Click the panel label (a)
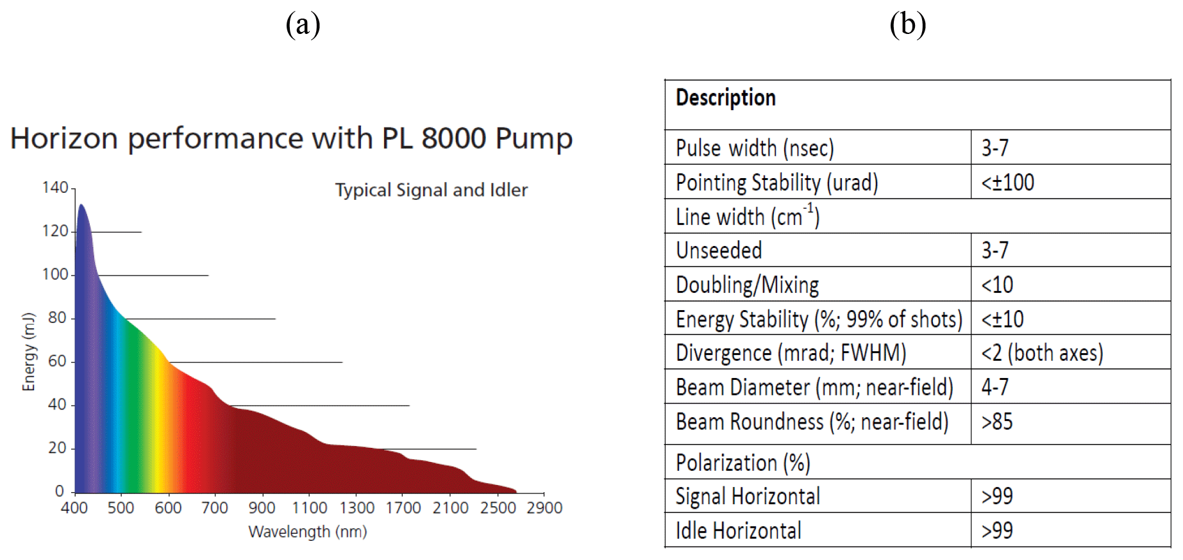303,25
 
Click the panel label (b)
907,25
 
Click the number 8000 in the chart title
453,138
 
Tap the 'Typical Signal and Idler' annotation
432,190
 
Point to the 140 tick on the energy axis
55,187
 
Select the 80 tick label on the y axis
57,317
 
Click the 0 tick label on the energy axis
60,491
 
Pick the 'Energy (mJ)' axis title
28,352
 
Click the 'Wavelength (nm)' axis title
308,532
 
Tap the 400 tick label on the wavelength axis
74,508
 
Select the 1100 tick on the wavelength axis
310,508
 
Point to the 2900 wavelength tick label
544,508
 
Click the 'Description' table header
726,97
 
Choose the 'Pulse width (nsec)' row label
755,148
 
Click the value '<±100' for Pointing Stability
1007,183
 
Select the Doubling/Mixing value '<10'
997,284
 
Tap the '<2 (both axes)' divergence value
1042,353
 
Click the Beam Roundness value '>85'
997,422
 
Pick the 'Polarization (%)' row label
743,463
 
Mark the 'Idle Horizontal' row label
739,531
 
